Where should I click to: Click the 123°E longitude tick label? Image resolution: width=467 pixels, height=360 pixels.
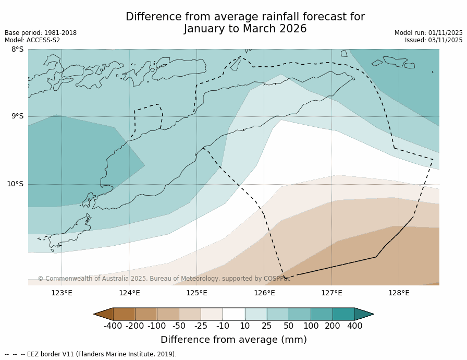click(62, 293)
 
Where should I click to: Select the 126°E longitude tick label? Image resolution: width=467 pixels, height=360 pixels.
click(264, 293)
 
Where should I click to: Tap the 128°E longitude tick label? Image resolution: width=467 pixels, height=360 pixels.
click(399, 293)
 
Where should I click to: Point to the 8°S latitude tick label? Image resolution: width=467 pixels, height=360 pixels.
click(17, 50)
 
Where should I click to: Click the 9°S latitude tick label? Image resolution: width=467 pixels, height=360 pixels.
click(17, 116)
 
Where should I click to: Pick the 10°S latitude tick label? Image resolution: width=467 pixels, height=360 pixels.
click(15, 184)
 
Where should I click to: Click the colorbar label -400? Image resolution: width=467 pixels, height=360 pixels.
click(113, 326)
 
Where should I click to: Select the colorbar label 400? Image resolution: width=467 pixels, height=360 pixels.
click(354, 326)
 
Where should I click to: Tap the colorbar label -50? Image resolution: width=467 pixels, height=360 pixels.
click(179, 326)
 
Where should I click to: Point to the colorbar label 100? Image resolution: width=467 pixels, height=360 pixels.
click(311, 326)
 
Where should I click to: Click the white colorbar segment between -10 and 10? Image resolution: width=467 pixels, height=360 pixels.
click(233, 314)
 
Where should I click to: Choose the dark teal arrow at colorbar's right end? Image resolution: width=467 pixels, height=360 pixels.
click(364, 314)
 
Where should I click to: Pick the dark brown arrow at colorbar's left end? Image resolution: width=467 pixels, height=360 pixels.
click(104, 314)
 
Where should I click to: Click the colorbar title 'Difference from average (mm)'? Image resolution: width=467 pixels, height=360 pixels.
click(233, 340)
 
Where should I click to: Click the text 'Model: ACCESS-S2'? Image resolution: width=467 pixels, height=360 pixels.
click(32, 40)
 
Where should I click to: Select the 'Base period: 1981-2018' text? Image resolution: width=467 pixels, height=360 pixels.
click(41, 33)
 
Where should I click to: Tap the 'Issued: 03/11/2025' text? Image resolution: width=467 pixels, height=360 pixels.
click(434, 40)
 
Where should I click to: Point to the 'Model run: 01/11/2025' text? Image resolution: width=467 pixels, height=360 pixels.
click(428, 33)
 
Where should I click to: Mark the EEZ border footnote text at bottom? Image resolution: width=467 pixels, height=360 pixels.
click(91, 354)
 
